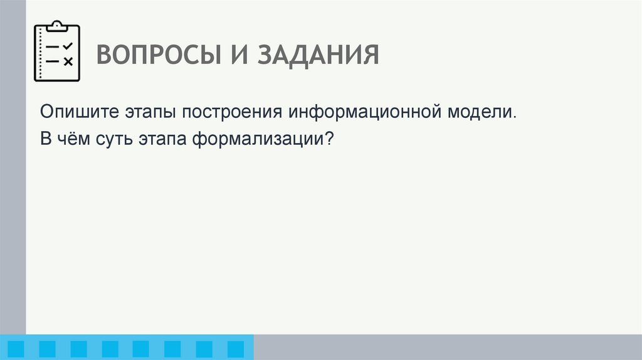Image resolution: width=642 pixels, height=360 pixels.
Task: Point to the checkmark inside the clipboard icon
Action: click(68, 46)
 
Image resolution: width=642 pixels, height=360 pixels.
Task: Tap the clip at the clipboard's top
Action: click(57, 26)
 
